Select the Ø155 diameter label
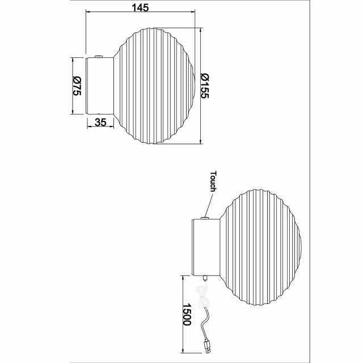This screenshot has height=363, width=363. [206, 85]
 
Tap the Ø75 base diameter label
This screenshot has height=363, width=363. [77, 86]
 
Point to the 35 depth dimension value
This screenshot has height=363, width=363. [101, 122]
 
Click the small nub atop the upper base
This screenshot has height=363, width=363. [99, 56]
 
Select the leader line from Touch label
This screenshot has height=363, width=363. [209, 205]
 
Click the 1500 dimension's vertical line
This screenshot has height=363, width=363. [184, 318]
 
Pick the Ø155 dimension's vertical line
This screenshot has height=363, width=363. [201, 85]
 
